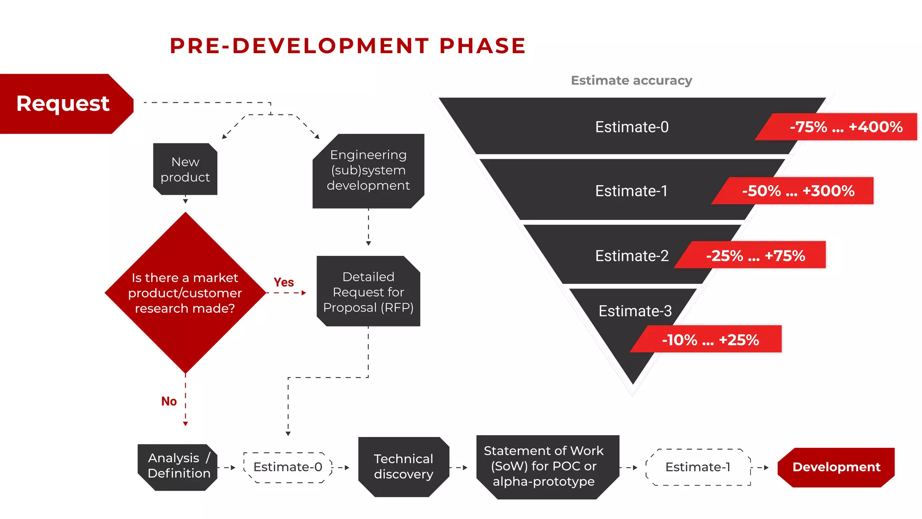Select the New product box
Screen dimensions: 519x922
pos(185,169)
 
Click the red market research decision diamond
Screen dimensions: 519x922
pos(185,293)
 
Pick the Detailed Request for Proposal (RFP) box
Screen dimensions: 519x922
pos(368,292)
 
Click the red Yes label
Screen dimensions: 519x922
pos(284,282)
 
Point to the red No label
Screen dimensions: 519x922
pos(169,401)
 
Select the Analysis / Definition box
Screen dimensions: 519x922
pos(178,466)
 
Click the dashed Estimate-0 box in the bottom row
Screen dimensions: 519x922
pos(288,467)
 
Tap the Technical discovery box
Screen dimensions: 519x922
pos(403,467)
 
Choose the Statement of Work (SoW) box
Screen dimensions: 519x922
pos(543,466)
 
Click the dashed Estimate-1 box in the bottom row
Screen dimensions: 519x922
pos(698,467)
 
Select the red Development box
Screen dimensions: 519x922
pos(836,467)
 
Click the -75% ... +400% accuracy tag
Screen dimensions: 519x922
pos(845,127)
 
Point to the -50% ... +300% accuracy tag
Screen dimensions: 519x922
pos(798,191)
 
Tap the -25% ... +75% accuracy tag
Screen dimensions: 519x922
pos(755,256)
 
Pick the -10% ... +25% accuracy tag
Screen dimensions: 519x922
pos(710,340)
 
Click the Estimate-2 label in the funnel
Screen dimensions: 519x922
pos(632,256)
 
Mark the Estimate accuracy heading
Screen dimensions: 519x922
pos(631,81)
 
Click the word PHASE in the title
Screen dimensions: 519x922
pos(482,46)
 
